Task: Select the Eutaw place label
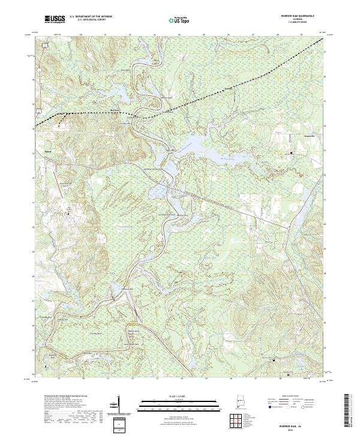point(40,152)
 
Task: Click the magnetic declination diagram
point(119,403)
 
